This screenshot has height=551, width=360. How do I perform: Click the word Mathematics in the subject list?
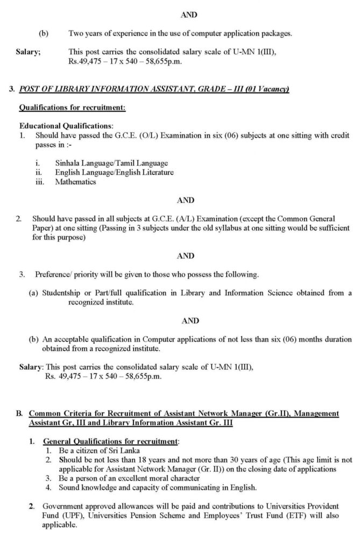[x=75, y=182]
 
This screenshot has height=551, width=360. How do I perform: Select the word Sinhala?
[x=67, y=163]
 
